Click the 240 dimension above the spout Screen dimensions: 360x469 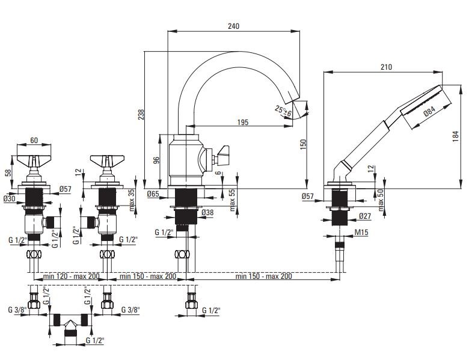[234, 26]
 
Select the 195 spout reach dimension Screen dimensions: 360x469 [243, 122]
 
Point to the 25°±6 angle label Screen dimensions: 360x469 [283, 111]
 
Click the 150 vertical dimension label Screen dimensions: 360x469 [304, 144]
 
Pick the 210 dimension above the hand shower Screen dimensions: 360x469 [386, 67]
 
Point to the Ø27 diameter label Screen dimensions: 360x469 [364, 216]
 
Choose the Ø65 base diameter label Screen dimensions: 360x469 [153, 194]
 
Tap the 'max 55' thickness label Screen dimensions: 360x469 [233, 200]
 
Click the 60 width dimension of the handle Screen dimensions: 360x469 [34, 141]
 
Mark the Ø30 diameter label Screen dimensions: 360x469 [9, 199]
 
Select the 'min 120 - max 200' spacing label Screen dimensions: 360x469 [71, 276]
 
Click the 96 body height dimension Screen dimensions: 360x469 [156, 160]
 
